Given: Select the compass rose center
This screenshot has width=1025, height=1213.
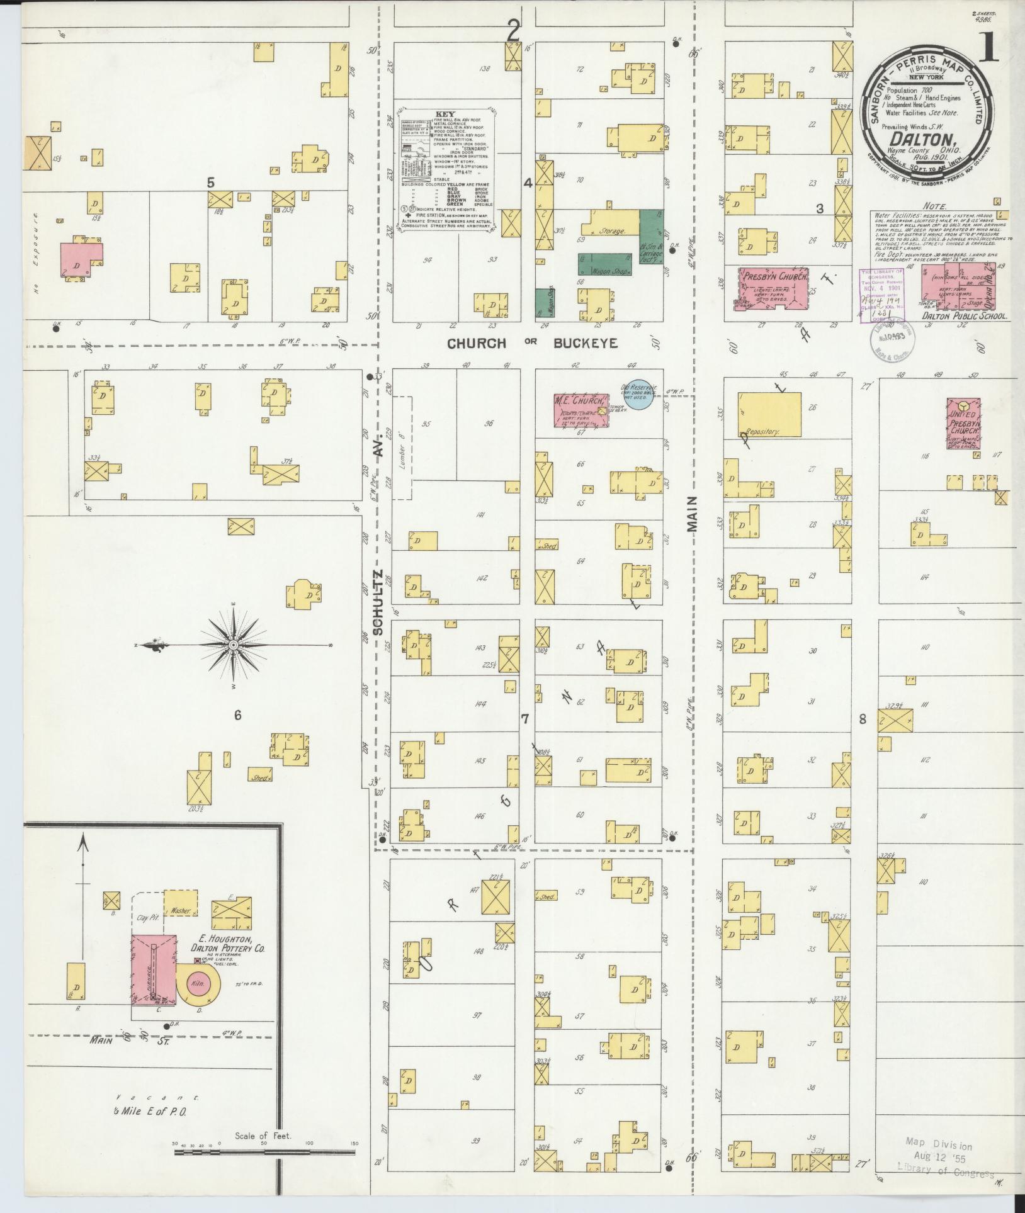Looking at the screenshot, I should pos(234,645).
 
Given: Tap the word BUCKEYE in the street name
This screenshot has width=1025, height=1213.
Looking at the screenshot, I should pos(586,343).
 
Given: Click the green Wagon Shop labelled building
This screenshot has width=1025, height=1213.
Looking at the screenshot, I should pos(604,264).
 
